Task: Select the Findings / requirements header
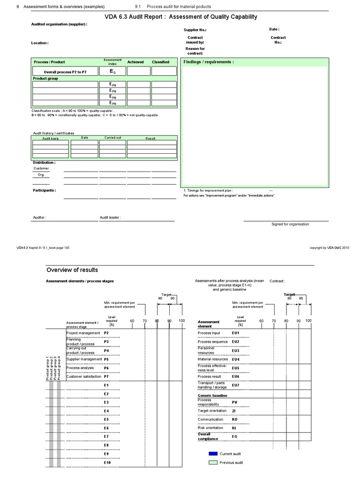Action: (x=209, y=62)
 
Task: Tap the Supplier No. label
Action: (x=195, y=30)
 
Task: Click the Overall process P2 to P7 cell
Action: (x=65, y=72)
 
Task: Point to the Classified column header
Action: (x=160, y=62)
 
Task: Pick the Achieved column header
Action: (x=136, y=62)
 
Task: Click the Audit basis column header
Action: (x=51, y=139)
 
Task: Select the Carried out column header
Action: (x=112, y=138)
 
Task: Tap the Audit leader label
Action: (x=110, y=217)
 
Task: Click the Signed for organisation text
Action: (x=290, y=224)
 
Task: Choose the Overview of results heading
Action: (x=72, y=270)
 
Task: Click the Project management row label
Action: (x=83, y=333)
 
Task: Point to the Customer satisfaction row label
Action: (x=84, y=376)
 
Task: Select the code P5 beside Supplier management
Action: (x=106, y=359)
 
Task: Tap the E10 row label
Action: (x=107, y=463)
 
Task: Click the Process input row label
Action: (x=209, y=333)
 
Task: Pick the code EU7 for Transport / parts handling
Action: (x=235, y=385)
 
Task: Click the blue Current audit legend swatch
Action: (x=213, y=454)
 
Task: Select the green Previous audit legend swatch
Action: (x=213, y=463)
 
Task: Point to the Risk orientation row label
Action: (x=210, y=428)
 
